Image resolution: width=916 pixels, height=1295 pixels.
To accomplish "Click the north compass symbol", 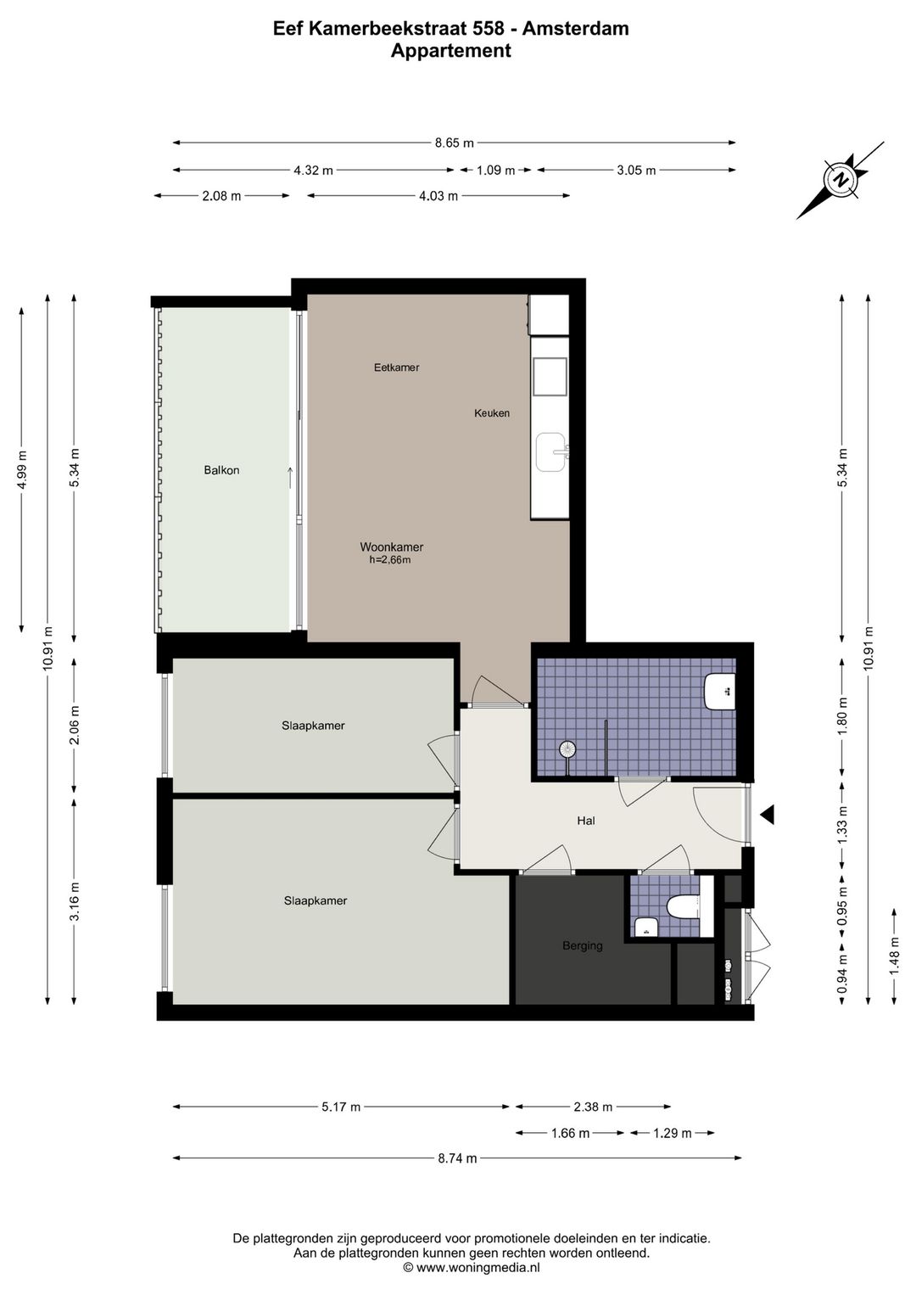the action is (x=841, y=180).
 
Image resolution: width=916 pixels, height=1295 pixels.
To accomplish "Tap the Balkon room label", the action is (x=221, y=471).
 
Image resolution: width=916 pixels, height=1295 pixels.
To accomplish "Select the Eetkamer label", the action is (x=396, y=367).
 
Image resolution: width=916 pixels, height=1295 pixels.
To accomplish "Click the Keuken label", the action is (x=492, y=412).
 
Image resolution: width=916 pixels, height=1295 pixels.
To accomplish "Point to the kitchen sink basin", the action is (x=551, y=452).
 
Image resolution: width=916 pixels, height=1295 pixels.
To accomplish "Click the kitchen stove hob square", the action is (x=550, y=376).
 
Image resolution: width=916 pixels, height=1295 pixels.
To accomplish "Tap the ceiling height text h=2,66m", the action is (x=390, y=559).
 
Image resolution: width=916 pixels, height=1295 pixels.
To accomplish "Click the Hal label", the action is (x=586, y=821).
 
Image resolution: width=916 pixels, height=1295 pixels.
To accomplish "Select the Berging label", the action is (x=583, y=945).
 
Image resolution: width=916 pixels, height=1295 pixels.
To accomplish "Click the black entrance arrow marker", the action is (x=767, y=815).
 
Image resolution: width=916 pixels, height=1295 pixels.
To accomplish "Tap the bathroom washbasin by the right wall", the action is (x=720, y=691).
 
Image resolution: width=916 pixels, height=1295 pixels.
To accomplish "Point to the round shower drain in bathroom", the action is (x=567, y=749).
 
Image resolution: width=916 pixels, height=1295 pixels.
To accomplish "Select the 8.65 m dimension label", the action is (x=455, y=143).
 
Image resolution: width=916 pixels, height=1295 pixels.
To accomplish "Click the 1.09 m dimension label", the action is (x=496, y=170).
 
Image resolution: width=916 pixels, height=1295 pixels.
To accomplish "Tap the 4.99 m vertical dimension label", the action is (x=21, y=469).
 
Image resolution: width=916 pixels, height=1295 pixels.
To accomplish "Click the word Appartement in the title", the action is (x=450, y=51).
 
